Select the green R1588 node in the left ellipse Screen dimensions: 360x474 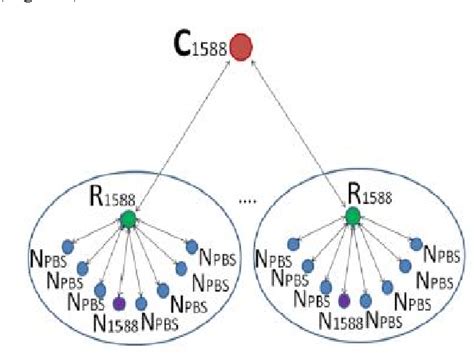click(x=127, y=219)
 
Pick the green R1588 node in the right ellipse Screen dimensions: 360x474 click(x=353, y=216)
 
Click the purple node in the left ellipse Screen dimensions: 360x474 click(x=118, y=302)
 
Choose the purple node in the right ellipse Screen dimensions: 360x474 click(x=344, y=300)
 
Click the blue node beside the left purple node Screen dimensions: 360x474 click(x=141, y=302)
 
